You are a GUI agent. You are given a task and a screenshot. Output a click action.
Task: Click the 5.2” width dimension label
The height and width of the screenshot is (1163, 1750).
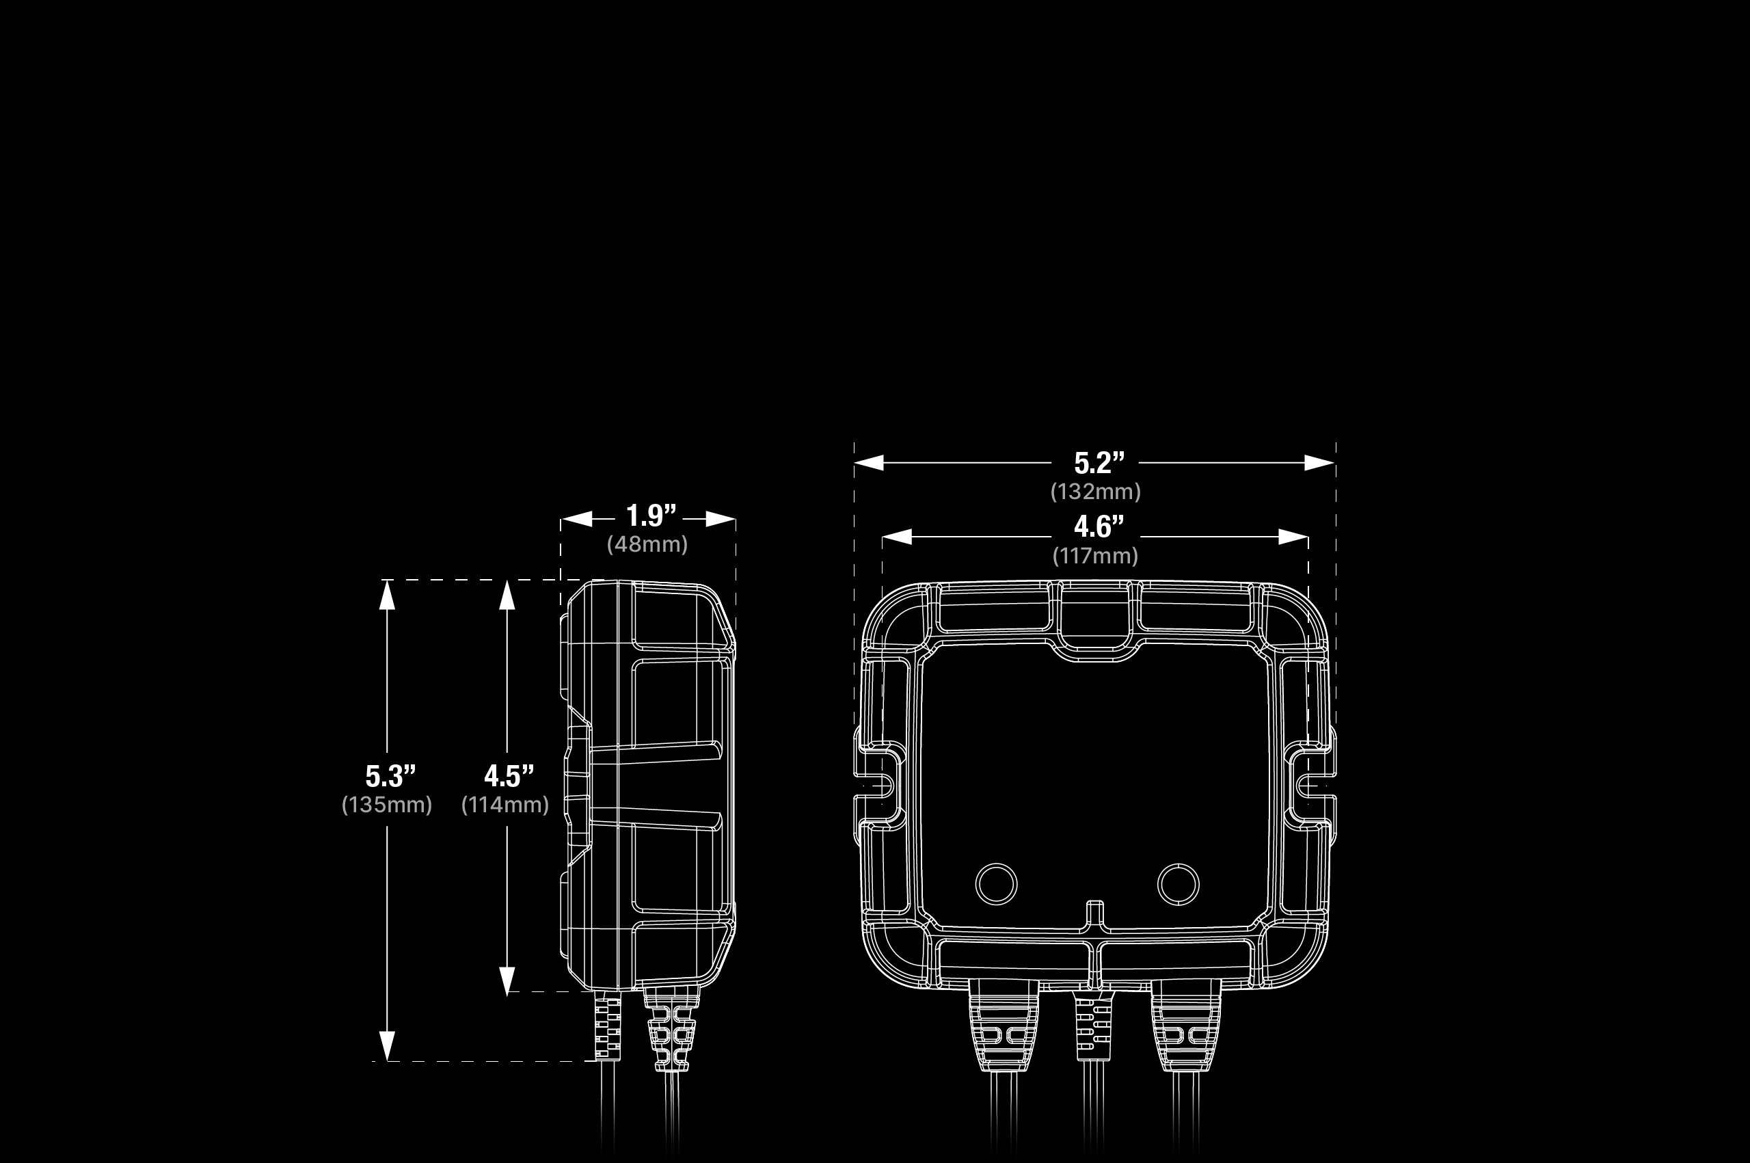(1100, 463)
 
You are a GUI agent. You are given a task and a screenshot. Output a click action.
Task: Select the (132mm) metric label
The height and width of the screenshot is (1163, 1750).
(1095, 492)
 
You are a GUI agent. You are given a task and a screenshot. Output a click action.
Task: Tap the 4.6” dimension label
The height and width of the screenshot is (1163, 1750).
(1099, 526)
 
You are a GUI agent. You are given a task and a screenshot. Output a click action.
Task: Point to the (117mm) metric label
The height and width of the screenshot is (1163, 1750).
(1095, 556)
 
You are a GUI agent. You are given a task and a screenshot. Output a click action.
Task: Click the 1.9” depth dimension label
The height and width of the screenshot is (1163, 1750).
(651, 516)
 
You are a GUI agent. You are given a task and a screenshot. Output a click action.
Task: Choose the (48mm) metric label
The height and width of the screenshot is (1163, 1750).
(647, 544)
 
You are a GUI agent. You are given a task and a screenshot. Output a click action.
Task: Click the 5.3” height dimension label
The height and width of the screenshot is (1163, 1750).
(390, 776)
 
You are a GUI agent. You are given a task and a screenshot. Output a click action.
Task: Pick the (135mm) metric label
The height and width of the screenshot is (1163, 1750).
(386, 805)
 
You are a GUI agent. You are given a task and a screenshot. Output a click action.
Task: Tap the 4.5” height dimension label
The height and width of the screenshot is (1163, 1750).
(509, 776)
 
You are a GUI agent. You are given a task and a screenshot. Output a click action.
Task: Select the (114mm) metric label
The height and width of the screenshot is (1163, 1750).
(505, 805)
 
